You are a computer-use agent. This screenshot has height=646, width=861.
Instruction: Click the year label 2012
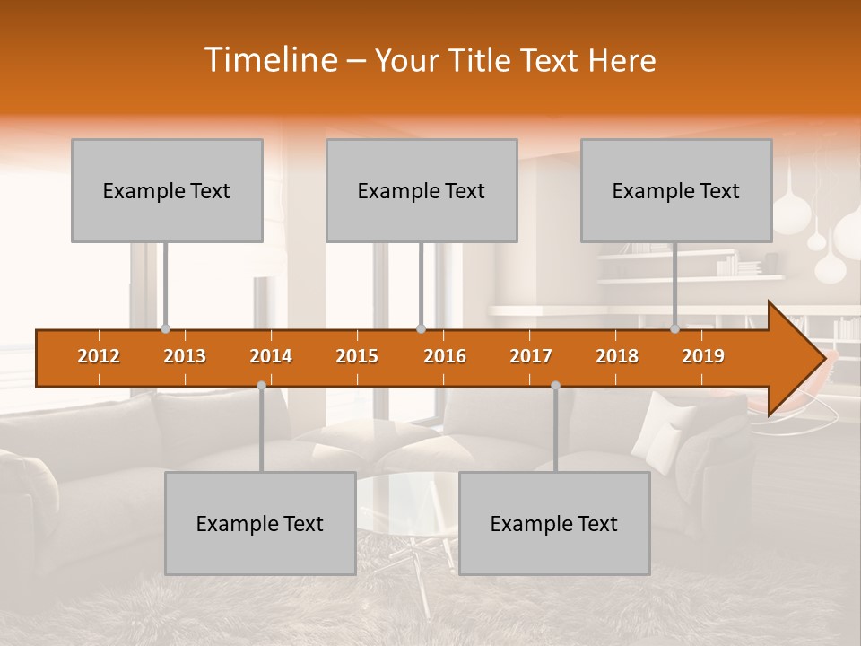pyautogui.click(x=99, y=356)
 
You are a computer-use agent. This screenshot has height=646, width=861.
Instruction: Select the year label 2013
pyautogui.click(x=185, y=356)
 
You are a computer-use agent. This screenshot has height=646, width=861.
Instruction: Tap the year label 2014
pyautogui.click(x=271, y=356)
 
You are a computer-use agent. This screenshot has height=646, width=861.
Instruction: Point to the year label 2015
pyautogui.click(x=357, y=356)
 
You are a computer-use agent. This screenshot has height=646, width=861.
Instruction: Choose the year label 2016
pyautogui.click(x=445, y=356)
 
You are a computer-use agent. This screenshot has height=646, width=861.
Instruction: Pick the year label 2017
pyautogui.click(x=531, y=356)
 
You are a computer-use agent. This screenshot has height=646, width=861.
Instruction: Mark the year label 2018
pyautogui.click(x=617, y=356)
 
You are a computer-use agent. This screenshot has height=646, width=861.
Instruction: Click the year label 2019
pyautogui.click(x=703, y=356)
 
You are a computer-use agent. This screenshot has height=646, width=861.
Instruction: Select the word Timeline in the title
pyautogui.click(x=269, y=60)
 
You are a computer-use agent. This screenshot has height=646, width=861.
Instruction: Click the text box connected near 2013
pyautogui.click(x=167, y=190)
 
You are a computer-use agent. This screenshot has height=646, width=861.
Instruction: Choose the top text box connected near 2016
pyautogui.click(x=422, y=190)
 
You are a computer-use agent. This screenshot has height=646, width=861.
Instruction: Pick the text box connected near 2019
pyautogui.click(x=676, y=190)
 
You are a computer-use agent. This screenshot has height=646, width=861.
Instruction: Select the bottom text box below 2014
pyautogui.click(x=260, y=523)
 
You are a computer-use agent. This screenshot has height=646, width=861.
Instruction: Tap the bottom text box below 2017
pyautogui.click(x=554, y=523)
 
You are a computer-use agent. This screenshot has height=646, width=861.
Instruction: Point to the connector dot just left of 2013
pyautogui.click(x=166, y=329)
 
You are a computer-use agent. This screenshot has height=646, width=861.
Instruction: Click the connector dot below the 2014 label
pyautogui.click(x=261, y=385)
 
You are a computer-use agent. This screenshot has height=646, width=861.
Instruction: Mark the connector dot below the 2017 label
pyautogui.click(x=555, y=385)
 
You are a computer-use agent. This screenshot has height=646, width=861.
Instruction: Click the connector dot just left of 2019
pyautogui.click(x=675, y=329)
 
